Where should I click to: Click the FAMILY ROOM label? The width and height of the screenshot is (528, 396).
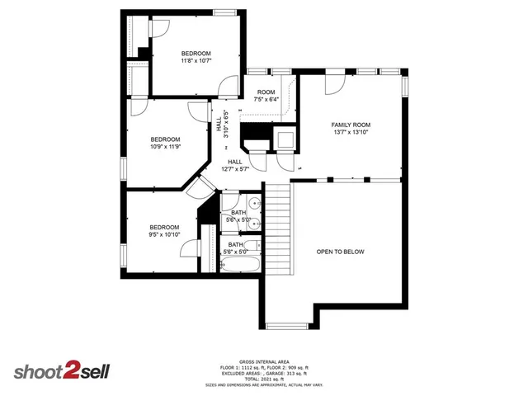[350, 123]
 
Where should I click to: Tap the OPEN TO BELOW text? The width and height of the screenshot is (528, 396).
[340, 252]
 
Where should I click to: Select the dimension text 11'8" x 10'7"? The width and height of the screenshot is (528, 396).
[196, 60]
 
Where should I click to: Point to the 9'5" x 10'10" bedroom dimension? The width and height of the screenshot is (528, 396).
[164, 234]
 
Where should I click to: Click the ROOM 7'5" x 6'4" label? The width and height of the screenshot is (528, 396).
[266, 96]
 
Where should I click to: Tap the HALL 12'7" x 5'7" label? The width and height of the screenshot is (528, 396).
[234, 165]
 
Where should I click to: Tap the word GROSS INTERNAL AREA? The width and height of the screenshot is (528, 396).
[264, 361]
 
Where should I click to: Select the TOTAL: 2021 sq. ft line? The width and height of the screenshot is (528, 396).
[264, 379]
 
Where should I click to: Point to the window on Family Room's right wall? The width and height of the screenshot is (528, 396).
[404, 87]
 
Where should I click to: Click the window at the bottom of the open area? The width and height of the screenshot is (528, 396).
[289, 324]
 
